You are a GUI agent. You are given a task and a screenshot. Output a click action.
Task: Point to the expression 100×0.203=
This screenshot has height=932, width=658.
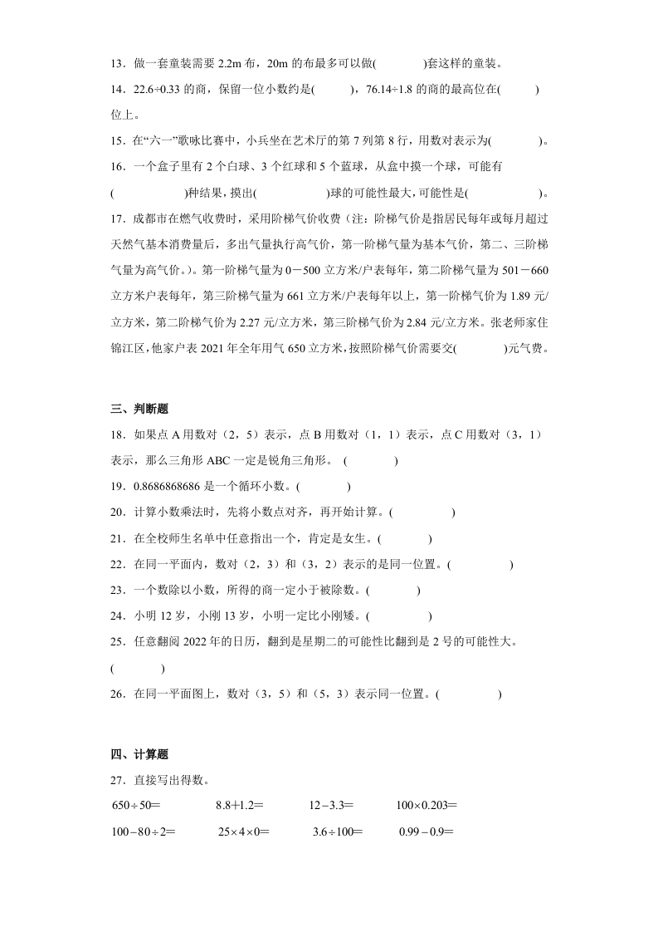(x=426, y=805)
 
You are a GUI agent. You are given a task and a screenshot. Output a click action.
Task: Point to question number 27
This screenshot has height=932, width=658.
(x=117, y=780)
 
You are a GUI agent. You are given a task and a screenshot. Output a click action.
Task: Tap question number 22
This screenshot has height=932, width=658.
(x=117, y=565)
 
